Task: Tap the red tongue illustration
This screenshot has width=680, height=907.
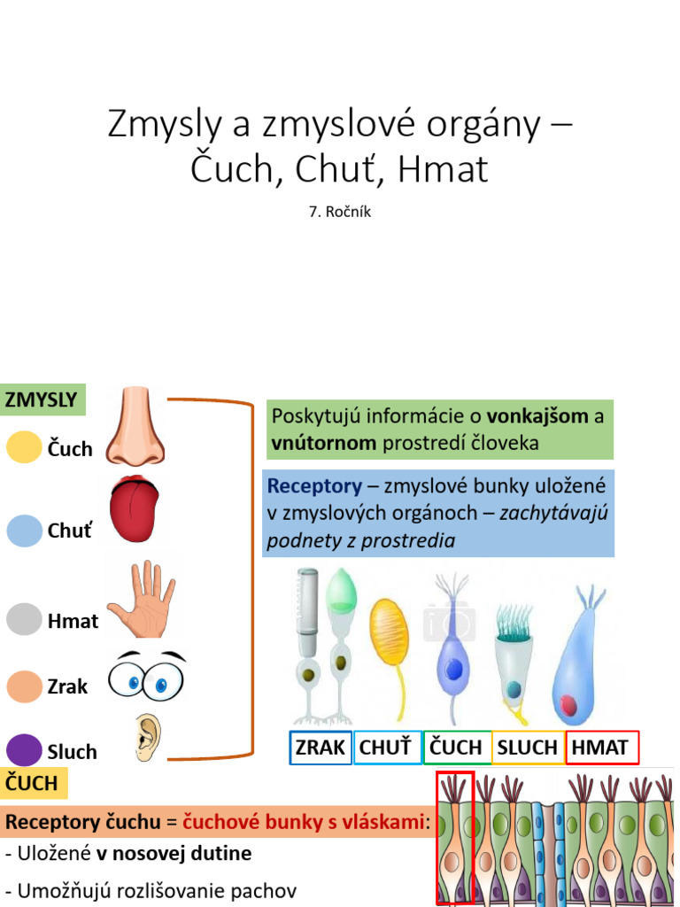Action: pyautogui.click(x=135, y=510)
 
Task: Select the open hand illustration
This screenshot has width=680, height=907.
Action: pyautogui.click(x=141, y=599)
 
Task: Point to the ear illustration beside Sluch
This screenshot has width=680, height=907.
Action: pyautogui.click(x=147, y=738)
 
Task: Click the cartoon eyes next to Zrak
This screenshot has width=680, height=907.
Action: pyautogui.click(x=146, y=678)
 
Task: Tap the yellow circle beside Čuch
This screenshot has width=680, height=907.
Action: pyautogui.click(x=24, y=447)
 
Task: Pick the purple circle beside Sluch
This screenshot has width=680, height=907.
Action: pyautogui.click(x=24, y=750)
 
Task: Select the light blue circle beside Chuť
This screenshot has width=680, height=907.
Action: pyautogui.click(x=24, y=531)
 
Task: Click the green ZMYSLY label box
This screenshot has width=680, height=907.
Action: pyautogui.click(x=42, y=399)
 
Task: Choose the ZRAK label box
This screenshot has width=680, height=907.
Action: pyautogui.click(x=321, y=747)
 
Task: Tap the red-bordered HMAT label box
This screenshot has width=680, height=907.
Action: pyautogui.click(x=601, y=747)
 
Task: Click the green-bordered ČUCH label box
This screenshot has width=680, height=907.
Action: pyautogui.click(x=456, y=747)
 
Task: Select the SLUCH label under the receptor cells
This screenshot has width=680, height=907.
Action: pyautogui.click(x=528, y=747)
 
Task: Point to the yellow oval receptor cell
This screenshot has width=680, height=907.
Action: pyautogui.click(x=389, y=632)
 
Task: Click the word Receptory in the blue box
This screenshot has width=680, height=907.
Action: pyautogui.click(x=314, y=486)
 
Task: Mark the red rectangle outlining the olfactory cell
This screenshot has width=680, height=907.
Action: pyautogui.click(x=455, y=837)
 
